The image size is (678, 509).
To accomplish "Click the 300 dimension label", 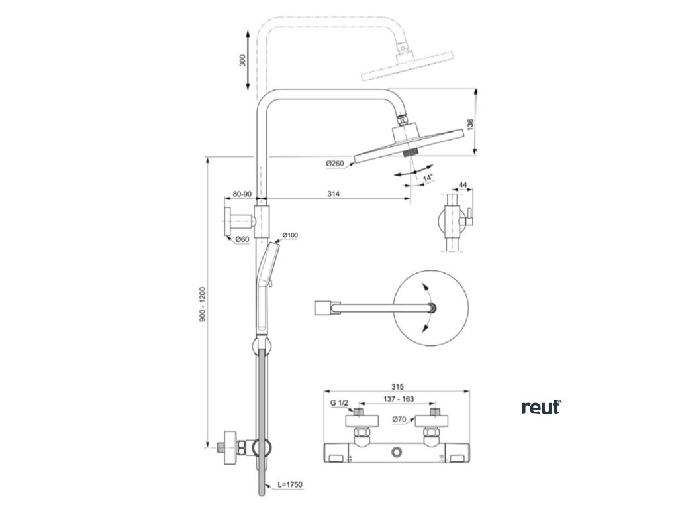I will click(243, 61).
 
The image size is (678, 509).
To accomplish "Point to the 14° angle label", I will click(428, 178).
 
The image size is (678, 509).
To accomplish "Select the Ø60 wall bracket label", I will click(242, 239).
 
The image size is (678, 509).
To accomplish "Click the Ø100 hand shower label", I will click(289, 235).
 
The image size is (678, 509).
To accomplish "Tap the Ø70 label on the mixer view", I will click(399, 419).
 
